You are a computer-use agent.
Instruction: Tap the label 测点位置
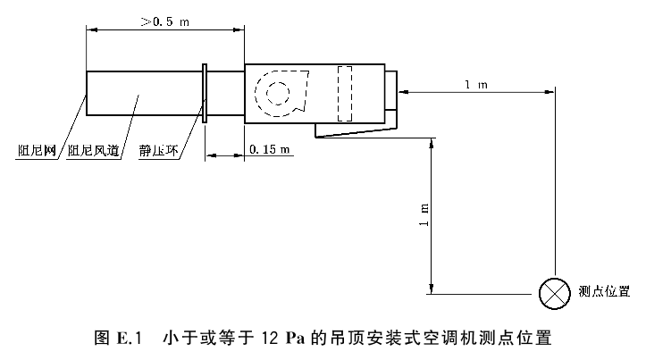coord(605,291)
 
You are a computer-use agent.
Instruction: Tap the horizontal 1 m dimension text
coord(475,84)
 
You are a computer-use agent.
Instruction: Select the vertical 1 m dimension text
coord(424,213)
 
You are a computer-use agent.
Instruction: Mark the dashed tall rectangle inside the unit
coord(346,94)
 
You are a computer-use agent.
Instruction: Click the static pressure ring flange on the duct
coord(206,93)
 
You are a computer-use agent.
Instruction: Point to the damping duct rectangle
coord(143,92)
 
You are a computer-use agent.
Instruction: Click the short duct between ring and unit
coord(226,92)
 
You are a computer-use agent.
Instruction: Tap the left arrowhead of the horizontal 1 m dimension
coord(404,90)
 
